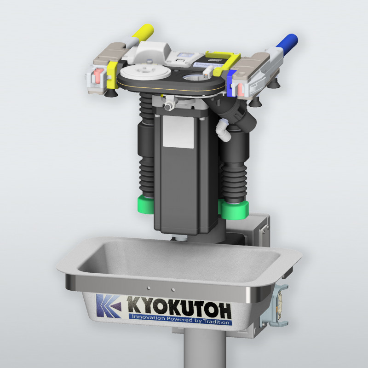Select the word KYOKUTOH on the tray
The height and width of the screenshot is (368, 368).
(179, 307)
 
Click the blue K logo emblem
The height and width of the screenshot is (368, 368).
(109, 305)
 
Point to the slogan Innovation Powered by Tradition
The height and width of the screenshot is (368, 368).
(180, 319)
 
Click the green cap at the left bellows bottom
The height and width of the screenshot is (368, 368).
(145, 204)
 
